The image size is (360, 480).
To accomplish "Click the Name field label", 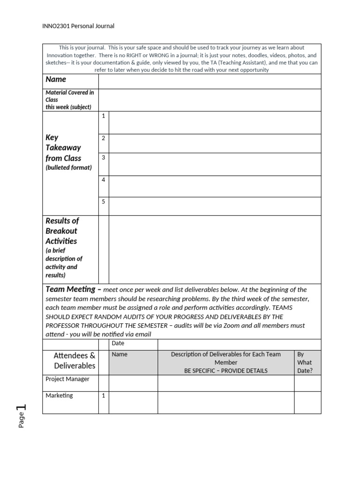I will [56, 80].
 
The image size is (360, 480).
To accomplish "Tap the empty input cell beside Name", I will [210, 81].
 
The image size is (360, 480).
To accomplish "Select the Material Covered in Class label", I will [69, 99].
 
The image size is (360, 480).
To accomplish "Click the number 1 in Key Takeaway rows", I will [104, 116].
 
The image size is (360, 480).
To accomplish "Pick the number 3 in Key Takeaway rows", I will [104, 157].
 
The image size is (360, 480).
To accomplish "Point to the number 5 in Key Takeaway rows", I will [104, 202].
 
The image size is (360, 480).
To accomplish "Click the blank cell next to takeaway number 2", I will [215, 143].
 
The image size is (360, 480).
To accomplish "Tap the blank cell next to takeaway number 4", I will [215, 186].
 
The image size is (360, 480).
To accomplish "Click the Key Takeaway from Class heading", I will [63, 148].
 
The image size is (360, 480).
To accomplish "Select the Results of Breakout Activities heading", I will [61, 231].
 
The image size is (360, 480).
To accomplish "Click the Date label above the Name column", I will [118, 344].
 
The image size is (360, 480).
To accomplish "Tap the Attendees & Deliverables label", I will [75, 360].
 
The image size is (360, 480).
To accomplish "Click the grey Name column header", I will [120, 354].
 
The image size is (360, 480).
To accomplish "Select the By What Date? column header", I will [305, 362].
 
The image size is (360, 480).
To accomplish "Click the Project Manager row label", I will [67, 379].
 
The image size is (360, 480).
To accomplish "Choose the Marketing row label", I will [60, 396].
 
